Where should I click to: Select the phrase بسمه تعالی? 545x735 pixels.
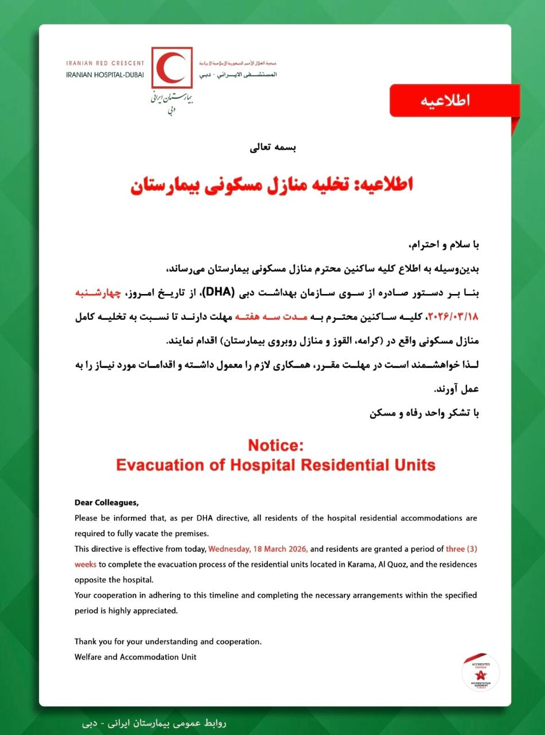pyautogui.click(x=272, y=148)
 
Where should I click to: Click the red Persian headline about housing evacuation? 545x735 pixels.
pyautogui.click(x=272, y=185)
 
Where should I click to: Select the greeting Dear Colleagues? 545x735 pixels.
pyautogui.click(x=107, y=503)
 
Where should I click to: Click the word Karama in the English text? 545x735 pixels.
pyautogui.click(x=361, y=564)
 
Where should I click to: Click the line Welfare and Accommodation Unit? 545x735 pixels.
pyautogui.click(x=135, y=656)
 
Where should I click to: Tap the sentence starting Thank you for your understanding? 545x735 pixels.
pyautogui.click(x=168, y=641)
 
